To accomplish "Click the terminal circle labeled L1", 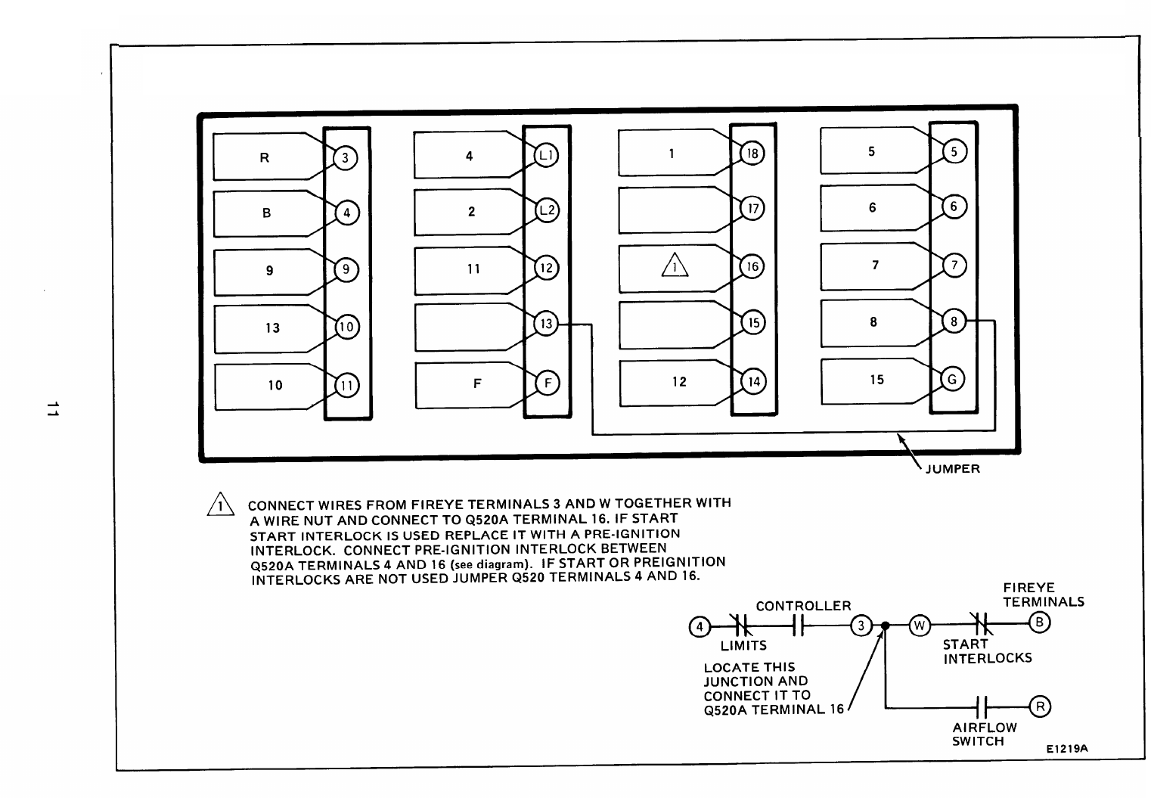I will tap(546, 155).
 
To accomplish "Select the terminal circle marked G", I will tap(954, 380).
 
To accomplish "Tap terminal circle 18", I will tap(752, 154).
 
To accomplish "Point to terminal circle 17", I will tap(752, 208).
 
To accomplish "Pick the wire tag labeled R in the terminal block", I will tap(265, 157).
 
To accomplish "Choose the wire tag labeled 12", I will tap(679, 382).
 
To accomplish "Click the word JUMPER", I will tap(952, 469).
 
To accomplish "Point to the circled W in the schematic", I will tap(919, 626).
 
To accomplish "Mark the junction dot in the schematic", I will tap(885, 626).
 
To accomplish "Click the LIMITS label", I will tap(743, 646).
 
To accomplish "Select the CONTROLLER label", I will tap(803, 606).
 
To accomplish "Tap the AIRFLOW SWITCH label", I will tap(984, 734).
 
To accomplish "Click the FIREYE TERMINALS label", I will tap(1043, 595).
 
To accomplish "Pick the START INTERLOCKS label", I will tap(987, 651).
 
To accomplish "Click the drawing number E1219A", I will tap(1066, 749).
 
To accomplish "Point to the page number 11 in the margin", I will tap(51, 409).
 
